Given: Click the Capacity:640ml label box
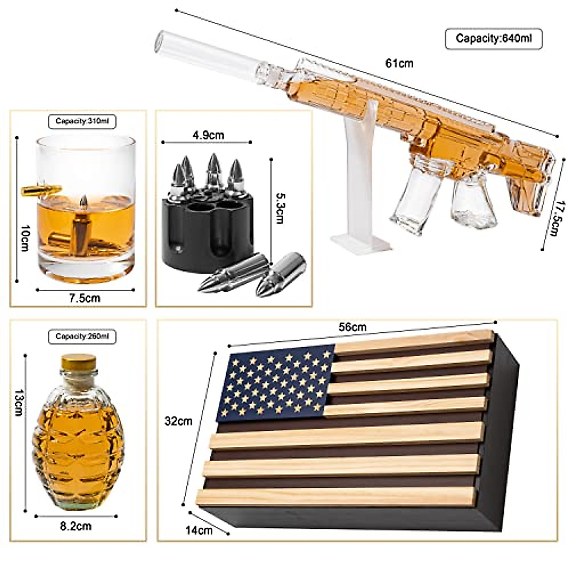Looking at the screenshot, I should click(493, 38).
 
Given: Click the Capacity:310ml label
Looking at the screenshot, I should click(82, 121).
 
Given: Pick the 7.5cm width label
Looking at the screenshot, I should click(85, 298).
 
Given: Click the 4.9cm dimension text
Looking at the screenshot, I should click(208, 135).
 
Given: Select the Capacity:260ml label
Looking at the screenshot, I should click(82, 336).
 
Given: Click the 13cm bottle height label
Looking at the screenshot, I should click(18, 402).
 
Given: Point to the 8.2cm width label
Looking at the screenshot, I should click(76, 526).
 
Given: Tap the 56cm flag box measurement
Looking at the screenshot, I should click(352, 327).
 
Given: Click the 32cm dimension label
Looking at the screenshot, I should click(178, 421).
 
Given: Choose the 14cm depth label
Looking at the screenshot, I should click(199, 530).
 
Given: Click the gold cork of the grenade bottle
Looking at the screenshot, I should click(78, 362).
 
